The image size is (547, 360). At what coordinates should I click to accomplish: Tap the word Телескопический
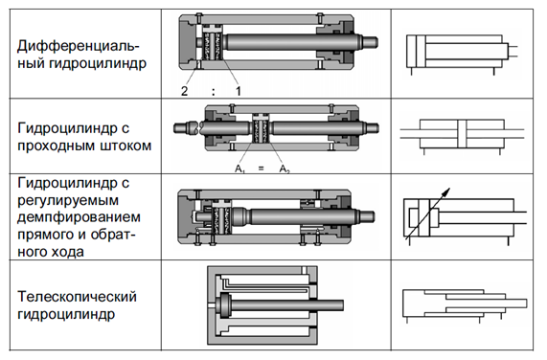point(77,297)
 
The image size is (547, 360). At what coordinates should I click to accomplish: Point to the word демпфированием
point(79,217)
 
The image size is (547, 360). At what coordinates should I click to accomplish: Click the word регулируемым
point(68,200)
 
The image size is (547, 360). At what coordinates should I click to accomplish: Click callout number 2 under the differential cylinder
point(185,91)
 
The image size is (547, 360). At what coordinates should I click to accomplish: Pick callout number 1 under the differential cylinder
point(239,91)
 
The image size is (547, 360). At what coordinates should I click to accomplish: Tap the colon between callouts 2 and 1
point(214,92)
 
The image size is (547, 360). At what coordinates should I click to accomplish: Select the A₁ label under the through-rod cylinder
point(239,169)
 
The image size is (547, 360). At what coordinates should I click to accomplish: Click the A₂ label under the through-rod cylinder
point(285,169)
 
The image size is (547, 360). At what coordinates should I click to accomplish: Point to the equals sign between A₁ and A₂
point(261,169)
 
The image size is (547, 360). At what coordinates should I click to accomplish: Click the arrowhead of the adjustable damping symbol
point(446,192)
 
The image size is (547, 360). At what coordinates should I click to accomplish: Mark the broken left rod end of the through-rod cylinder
point(187,127)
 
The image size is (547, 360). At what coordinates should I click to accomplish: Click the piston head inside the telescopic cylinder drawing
point(223,304)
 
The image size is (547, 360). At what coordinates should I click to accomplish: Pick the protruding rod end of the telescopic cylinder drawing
point(330,304)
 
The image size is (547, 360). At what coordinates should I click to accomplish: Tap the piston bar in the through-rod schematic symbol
point(462,134)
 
